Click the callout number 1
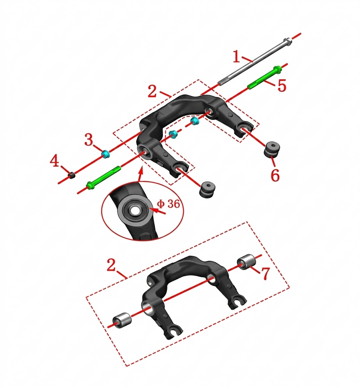(236, 57)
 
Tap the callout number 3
(89, 139)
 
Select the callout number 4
(54, 160)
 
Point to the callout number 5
(282, 86)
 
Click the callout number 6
(275, 175)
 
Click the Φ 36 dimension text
(168, 204)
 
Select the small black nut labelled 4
(72, 175)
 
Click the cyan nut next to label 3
(106, 154)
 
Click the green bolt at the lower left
(103, 178)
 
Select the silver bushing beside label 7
(246, 262)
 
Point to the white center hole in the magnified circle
(135, 210)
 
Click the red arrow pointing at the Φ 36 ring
(157, 211)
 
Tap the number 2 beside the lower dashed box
(111, 265)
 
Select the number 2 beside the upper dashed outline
(152, 91)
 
